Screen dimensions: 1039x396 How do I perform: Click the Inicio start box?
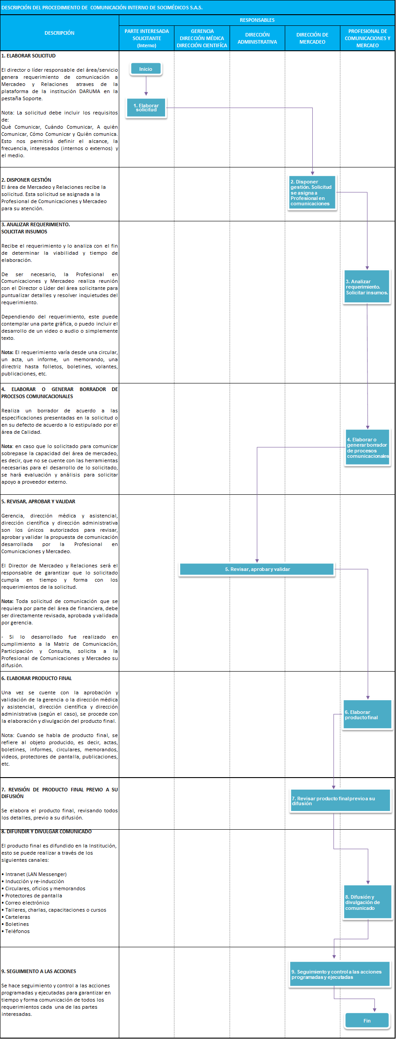pos(145,69)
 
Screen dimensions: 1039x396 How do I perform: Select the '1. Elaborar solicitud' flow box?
pos(146,108)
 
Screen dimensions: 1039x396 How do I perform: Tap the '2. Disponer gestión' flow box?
pos(311,193)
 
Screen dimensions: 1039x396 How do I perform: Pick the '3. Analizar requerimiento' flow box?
pos(367,287)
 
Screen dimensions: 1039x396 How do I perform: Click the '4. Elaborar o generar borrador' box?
pos(368,448)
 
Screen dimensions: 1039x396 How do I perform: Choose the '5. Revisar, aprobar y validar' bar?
pos(257,569)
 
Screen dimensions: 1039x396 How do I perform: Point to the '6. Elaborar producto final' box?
pos(367,715)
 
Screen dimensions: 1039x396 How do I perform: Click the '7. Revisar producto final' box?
pos(340,801)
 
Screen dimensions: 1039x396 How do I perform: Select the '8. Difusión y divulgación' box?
pos(368,902)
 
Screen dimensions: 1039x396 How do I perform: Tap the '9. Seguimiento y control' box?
pos(340,974)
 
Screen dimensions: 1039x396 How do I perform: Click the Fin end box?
pos(367,1021)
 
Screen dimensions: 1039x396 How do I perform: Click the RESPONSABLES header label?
pos(257,20)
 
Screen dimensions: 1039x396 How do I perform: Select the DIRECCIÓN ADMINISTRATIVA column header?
pos(257,38)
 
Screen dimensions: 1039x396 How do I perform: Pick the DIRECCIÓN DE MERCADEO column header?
pos(312,38)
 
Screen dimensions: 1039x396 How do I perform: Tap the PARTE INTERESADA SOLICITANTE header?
pos(146,38)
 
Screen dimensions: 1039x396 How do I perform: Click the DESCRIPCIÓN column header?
pos(59,33)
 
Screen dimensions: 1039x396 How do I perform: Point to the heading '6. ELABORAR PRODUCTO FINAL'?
pos(36,678)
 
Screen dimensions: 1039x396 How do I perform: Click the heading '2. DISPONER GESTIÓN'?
pos(26,180)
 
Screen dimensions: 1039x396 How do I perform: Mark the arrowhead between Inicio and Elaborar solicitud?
pos(146,93)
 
